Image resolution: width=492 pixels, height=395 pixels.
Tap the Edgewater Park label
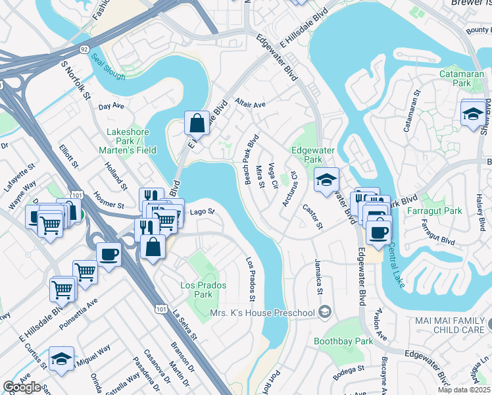(x=313, y=155)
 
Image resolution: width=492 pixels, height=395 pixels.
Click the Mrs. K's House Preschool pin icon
(x=324, y=311)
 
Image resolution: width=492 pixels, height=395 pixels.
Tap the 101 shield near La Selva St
(x=160, y=308)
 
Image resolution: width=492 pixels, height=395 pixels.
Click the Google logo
(x=22, y=387)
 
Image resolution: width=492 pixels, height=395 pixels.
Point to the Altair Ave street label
(x=249, y=104)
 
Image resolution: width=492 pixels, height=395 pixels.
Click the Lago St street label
(x=202, y=211)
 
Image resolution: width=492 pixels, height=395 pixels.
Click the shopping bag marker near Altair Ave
(x=197, y=122)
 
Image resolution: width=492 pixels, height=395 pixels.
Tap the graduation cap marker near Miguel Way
(x=61, y=359)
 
